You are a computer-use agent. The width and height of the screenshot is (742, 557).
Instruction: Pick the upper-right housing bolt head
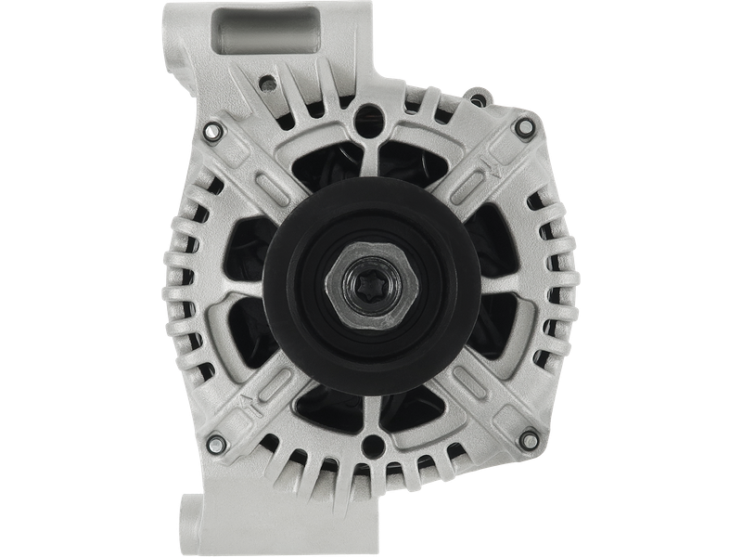coord(525,125)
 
